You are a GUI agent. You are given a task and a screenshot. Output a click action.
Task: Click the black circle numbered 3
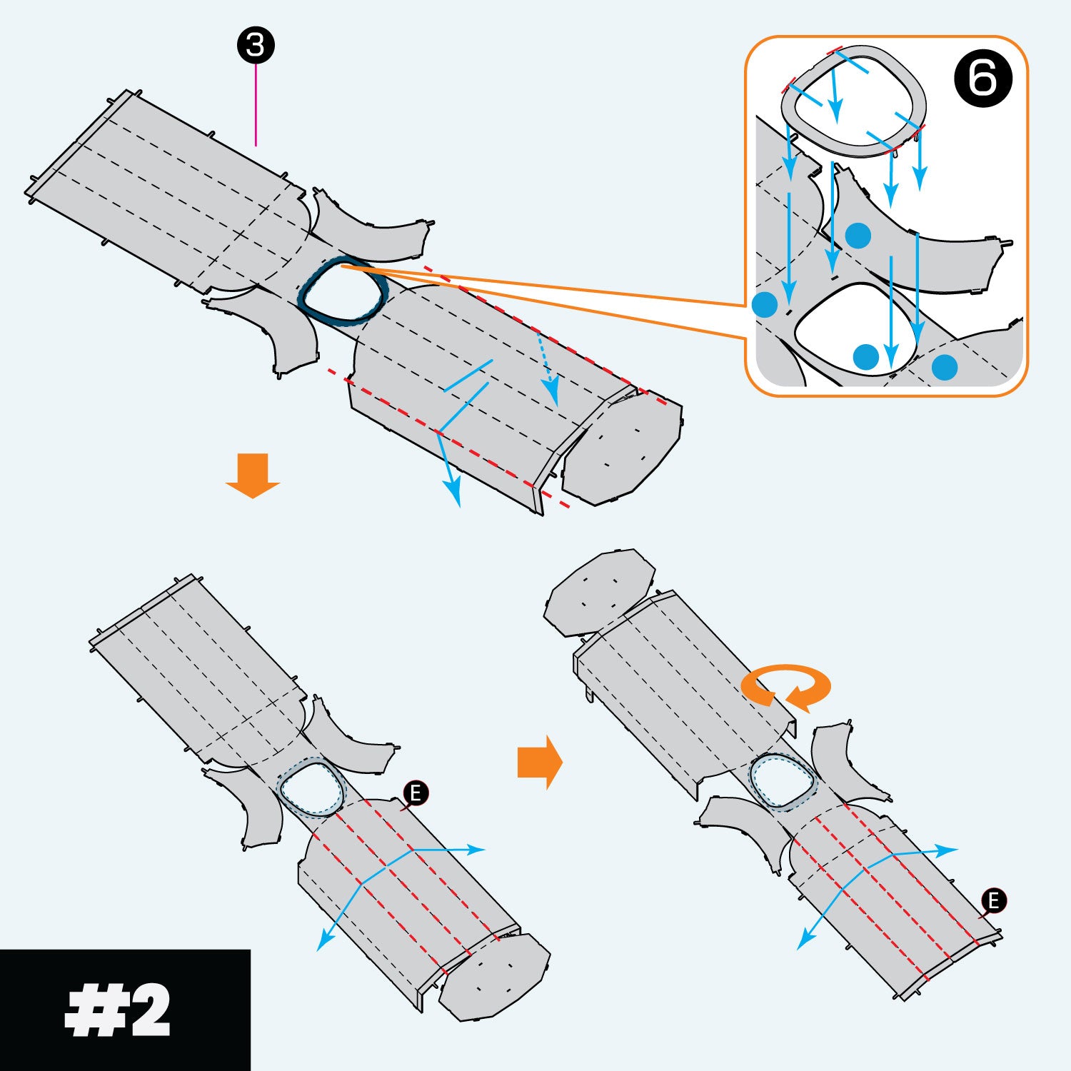click(x=255, y=46)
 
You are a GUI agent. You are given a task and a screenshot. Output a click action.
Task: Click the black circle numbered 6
click(x=982, y=78)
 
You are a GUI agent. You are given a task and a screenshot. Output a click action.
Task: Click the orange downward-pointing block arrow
click(x=252, y=474)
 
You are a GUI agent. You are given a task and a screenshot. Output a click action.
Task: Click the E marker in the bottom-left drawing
click(x=416, y=793)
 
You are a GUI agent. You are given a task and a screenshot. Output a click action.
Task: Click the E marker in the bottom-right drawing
click(x=993, y=901)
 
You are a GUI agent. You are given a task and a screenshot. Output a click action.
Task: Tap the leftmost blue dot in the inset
click(x=765, y=304)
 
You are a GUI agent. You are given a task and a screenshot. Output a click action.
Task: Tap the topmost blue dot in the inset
click(x=858, y=235)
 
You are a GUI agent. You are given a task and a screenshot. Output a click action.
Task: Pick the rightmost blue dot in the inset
click(x=944, y=367)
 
